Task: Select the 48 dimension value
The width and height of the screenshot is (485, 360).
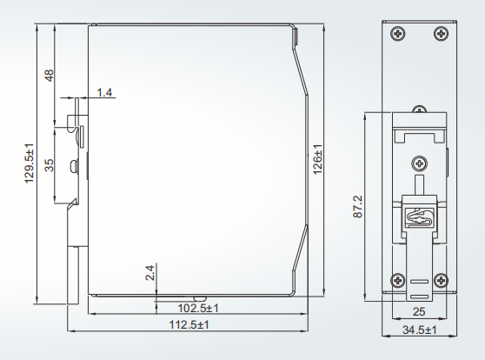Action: [x=49, y=76]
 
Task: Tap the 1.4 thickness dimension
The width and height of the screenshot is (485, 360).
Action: [x=104, y=92]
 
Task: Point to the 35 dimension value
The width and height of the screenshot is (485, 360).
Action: [x=49, y=165]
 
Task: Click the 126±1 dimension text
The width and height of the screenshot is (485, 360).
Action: [x=317, y=159]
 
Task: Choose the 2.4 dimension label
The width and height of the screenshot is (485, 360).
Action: [x=149, y=273]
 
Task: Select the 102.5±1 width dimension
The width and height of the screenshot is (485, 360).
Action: [x=198, y=308]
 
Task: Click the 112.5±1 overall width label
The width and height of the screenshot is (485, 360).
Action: [x=189, y=324]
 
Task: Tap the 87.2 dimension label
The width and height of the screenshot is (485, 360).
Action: [x=357, y=207]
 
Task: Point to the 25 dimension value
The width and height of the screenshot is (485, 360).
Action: [x=419, y=311]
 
